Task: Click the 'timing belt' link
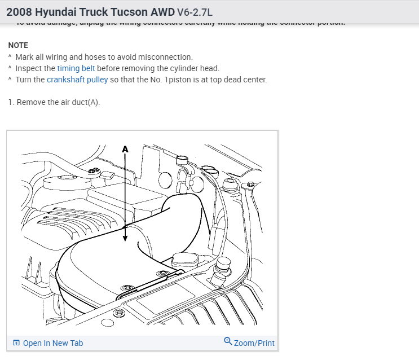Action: (76, 68)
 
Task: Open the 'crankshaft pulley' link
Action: (77, 80)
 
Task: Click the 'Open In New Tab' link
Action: (53, 343)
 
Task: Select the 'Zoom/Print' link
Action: (254, 343)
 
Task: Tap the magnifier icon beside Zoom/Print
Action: (228, 341)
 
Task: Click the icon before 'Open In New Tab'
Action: (16, 343)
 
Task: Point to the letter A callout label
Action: (125, 149)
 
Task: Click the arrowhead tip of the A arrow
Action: (125, 240)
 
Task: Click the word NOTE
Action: (18, 45)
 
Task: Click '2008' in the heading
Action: (19, 11)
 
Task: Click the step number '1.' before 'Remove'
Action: (11, 102)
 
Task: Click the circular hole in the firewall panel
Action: (165, 180)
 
